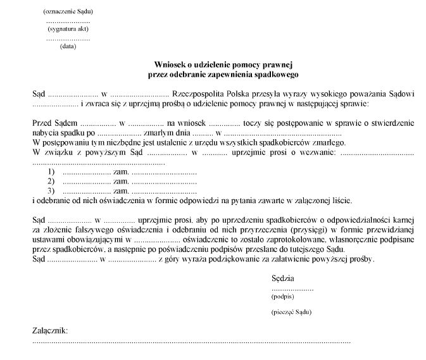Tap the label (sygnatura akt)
[68, 29]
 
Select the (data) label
[68, 46]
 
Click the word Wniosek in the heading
[172, 64]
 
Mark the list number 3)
[51, 191]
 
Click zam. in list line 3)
[121, 191]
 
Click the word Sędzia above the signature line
[282, 278]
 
